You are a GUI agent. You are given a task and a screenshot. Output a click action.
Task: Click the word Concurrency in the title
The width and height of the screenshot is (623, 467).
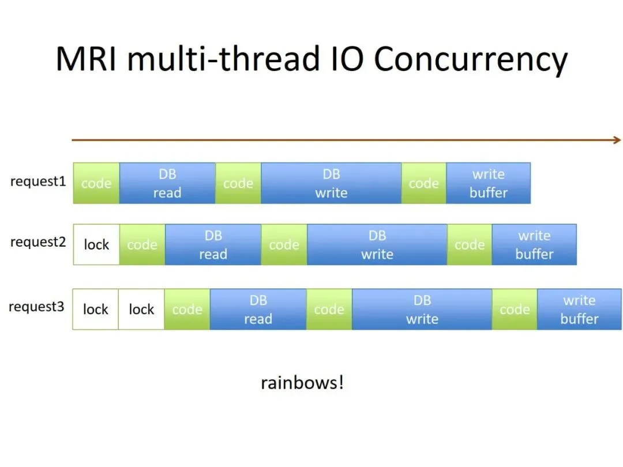[x=471, y=60]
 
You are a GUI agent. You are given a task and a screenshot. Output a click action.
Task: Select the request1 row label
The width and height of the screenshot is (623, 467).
[x=38, y=182]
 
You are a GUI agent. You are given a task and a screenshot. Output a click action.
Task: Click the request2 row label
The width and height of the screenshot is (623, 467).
[x=38, y=242]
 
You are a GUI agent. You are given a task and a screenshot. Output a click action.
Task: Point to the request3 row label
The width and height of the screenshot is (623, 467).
[x=36, y=307]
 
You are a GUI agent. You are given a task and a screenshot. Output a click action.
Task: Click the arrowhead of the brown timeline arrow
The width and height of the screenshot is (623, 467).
[x=617, y=140]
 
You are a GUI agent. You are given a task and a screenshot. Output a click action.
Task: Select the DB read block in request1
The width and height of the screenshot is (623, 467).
[x=167, y=183]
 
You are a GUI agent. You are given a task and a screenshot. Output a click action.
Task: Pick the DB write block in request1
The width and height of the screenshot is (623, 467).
[x=331, y=183]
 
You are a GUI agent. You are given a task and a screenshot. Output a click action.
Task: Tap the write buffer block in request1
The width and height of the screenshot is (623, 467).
[x=488, y=183]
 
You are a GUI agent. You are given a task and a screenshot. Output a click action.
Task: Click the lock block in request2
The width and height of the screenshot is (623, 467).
[x=96, y=244]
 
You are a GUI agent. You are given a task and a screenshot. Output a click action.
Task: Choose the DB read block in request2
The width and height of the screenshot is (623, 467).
[x=213, y=244]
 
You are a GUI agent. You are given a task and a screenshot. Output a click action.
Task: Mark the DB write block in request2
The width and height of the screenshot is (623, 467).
[x=377, y=244]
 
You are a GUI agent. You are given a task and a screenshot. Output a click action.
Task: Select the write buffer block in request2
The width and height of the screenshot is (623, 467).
[x=534, y=244]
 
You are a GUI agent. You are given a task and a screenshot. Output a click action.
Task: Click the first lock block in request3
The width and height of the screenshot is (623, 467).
[x=96, y=309]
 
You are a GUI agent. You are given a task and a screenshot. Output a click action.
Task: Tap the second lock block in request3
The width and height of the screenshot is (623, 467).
[x=141, y=309]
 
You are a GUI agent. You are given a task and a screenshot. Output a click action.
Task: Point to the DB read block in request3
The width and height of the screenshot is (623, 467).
[x=258, y=309]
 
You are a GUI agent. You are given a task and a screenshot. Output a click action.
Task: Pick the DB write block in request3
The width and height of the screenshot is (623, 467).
[x=422, y=309]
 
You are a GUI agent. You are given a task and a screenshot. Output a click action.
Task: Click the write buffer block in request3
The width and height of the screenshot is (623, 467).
[x=579, y=309]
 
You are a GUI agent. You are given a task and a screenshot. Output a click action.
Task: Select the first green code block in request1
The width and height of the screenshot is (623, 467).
[x=96, y=183]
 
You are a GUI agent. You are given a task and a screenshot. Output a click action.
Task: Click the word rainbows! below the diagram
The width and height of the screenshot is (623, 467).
[x=302, y=382]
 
